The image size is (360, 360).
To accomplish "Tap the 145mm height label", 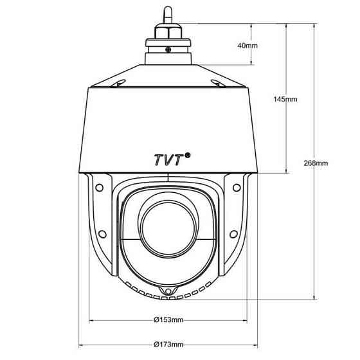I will [x=285, y=99].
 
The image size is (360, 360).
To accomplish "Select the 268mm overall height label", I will [x=316, y=163].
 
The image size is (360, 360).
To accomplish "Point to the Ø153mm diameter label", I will [x=169, y=319].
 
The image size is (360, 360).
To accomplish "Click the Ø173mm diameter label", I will [x=169, y=345].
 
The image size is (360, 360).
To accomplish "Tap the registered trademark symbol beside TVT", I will [x=188, y=154].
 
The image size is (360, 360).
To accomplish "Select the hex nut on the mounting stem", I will [x=169, y=32].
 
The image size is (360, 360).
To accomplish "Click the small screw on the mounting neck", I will [x=168, y=49].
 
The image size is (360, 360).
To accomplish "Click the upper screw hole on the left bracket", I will [x=99, y=188].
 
